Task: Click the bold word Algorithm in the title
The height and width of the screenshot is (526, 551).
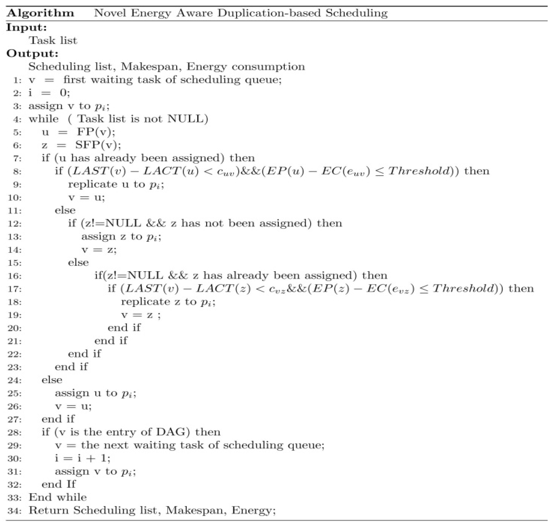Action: click(40, 13)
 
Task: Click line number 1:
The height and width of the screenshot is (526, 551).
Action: click(17, 80)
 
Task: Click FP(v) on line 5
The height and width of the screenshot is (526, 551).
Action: click(95, 132)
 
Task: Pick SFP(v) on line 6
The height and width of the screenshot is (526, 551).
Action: click(97, 145)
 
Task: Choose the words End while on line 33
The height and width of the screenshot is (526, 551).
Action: click(58, 497)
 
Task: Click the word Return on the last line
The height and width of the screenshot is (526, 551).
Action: click(48, 510)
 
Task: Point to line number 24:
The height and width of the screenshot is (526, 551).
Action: click(15, 380)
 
